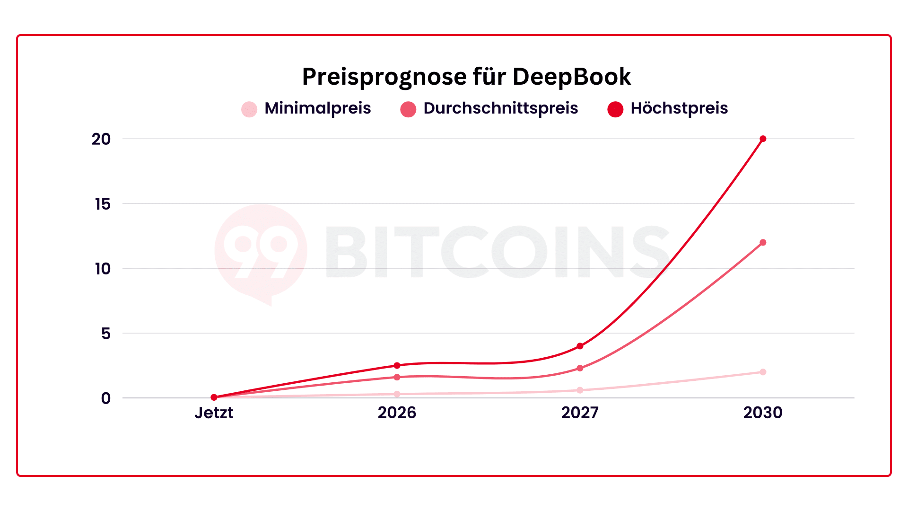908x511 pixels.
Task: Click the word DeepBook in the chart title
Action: point(571,77)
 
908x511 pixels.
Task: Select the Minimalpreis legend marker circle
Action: point(249,109)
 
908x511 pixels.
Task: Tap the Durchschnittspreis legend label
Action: point(500,108)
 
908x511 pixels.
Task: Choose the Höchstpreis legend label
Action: point(679,108)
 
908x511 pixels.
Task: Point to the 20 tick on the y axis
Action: point(101,139)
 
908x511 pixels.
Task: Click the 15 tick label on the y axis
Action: point(102,204)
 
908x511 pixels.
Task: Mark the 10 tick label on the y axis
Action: point(102,269)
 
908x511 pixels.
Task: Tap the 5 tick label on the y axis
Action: point(105,334)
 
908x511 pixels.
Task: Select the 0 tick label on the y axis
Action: point(105,398)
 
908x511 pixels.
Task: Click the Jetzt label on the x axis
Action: point(214,413)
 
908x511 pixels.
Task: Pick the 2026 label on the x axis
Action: point(397,413)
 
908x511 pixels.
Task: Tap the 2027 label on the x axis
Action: point(580,413)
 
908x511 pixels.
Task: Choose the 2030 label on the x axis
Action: point(762,413)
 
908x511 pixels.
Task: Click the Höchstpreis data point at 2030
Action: point(763,139)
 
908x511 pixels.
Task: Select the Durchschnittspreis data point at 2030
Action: point(763,243)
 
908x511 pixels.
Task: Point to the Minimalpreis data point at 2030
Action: point(763,372)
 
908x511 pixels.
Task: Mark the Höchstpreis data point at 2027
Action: point(580,346)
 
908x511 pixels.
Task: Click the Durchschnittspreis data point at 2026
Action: point(397,377)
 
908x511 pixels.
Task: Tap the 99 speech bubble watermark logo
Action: point(261,253)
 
